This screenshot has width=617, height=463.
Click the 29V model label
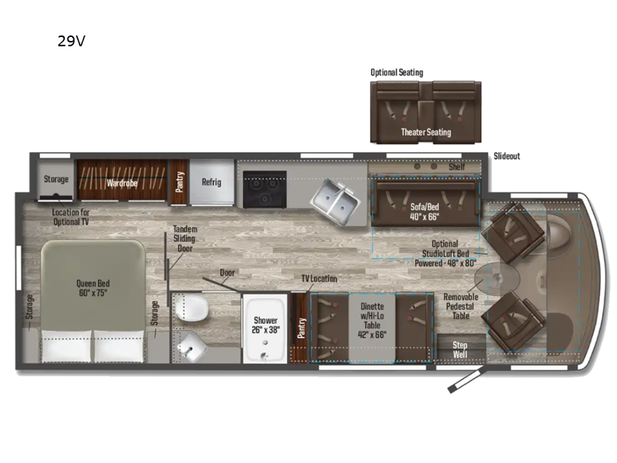pyautogui.click(x=71, y=41)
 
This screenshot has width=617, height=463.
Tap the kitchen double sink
pyautogui.click(x=335, y=201)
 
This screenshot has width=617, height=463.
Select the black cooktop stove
pyautogui.click(x=265, y=189)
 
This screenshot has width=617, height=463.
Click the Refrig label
pyautogui.click(x=211, y=182)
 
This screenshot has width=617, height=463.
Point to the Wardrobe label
pyautogui.click(x=122, y=183)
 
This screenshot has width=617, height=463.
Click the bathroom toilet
pyautogui.click(x=191, y=309)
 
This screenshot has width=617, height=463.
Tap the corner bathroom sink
pyautogui.click(x=190, y=346)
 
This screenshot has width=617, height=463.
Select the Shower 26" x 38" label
pyautogui.click(x=265, y=325)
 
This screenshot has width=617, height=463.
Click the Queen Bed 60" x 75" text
pyautogui.click(x=93, y=288)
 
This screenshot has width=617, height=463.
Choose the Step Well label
pyautogui.click(x=460, y=350)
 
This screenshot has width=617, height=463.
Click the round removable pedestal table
pyautogui.click(x=497, y=279)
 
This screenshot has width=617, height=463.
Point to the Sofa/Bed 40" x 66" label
pyautogui.click(x=424, y=211)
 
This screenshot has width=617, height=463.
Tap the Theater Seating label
pyautogui.click(x=426, y=132)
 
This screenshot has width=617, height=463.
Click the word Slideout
pyautogui.click(x=507, y=156)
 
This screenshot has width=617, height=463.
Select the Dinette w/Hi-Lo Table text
pyautogui.click(x=372, y=316)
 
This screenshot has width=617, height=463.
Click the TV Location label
pyautogui.click(x=319, y=279)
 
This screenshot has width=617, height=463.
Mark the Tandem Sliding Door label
pyautogui.click(x=184, y=238)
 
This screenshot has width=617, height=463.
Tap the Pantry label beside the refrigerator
pyautogui.click(x=180, y=182)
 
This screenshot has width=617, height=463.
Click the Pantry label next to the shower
pyautogui.click(x=301, y=328)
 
